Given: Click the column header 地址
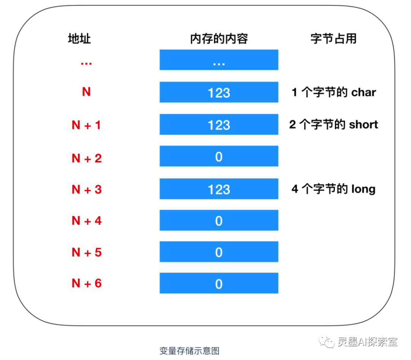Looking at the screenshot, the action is (x=80, y=38).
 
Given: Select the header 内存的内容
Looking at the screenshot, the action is (x=219, y=38).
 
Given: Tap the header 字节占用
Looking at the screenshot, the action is (x=333, y=38).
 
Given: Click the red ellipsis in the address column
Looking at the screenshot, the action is (x=86, y=63).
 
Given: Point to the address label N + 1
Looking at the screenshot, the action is (x=86, y=125).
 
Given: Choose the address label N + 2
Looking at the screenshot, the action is (x=87, y=158).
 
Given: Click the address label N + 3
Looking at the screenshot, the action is (x=87, y=189).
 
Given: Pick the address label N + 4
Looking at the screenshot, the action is (x=87, y=221).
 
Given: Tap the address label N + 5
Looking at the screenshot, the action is (x=87, y=252).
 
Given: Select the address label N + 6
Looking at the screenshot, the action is (x=87, y=283).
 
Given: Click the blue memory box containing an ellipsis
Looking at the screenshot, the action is (x=219, y=60).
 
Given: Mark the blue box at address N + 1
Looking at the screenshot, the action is (x=219, y=124).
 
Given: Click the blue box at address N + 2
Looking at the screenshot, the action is (x=219, y=156).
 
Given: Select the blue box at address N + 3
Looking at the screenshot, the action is (x=219, y=189).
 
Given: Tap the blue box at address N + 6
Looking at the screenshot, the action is (x=219, y=283).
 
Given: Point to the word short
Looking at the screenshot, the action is (x=363, y=125).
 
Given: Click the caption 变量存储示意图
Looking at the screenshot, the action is (x=189, y=351).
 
